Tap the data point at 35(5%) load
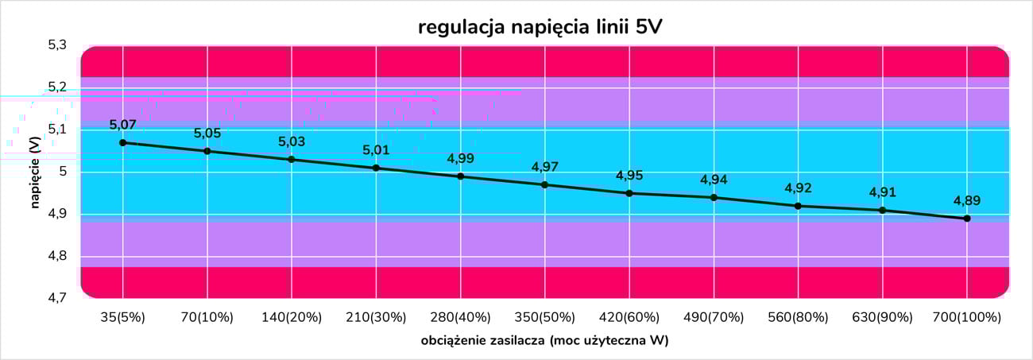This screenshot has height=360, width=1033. (122, 142)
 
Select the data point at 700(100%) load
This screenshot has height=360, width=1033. (967, 219)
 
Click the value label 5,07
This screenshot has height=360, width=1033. (122, 125)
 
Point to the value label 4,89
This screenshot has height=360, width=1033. (967, 201)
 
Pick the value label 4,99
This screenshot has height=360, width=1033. (460, 159)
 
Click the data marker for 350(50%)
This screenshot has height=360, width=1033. (544, 184)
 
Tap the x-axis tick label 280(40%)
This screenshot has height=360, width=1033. (460, 317)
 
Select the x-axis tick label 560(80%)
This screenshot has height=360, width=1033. (798, 317)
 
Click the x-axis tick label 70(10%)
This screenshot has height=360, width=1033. (207, 317)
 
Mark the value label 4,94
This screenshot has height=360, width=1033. (714, 180)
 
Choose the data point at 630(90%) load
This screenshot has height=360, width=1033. (882, 210)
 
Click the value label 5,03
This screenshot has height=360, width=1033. (291, 142)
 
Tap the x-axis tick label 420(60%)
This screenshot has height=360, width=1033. (629, 317)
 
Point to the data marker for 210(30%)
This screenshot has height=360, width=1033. (376, 168)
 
